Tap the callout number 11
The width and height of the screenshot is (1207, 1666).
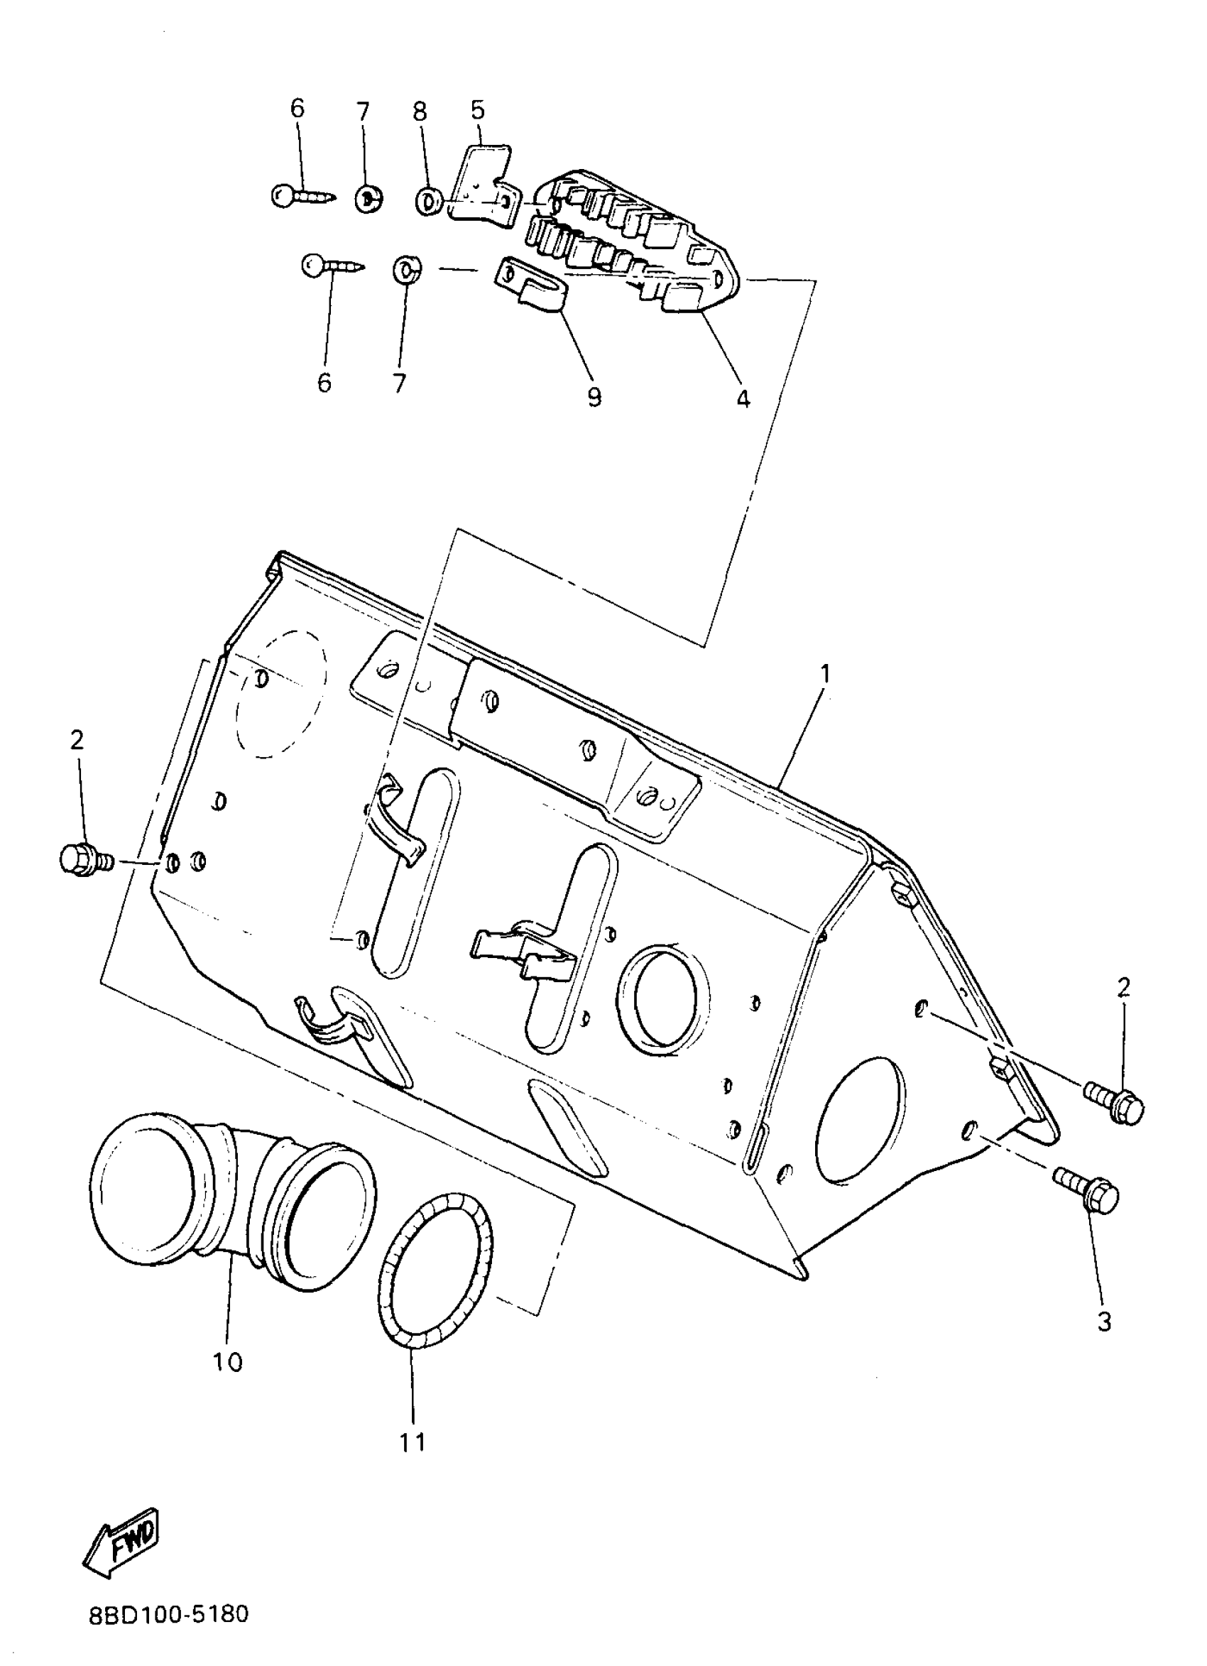413,1442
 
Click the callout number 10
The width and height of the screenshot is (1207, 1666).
228,1362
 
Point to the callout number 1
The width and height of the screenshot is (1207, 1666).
826,673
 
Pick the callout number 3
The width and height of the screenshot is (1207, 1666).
1104,1322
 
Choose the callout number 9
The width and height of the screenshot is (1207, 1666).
594,397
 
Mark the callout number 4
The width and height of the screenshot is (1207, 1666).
743,399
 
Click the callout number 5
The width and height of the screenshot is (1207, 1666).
478,111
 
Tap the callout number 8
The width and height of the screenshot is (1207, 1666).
419,111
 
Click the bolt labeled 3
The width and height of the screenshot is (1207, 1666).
1086,1194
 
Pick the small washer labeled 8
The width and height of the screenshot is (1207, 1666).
428,200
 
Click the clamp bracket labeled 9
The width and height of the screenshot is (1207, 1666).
534,288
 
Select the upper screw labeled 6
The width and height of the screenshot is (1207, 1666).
301,196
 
